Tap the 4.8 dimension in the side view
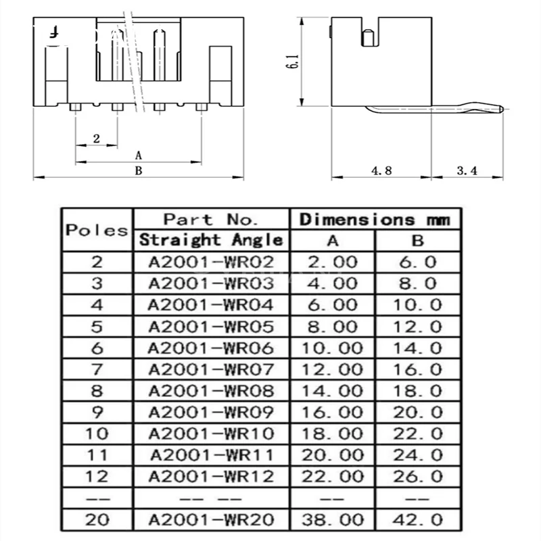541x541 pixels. coord(381,171)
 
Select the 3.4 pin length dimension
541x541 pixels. coord(467,171)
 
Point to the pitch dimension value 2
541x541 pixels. coord(96,139)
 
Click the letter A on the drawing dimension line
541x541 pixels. coord(139,155)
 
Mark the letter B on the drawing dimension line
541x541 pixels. coord(138,171)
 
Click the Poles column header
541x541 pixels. coord(97,229)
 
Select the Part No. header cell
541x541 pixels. coord(211,220)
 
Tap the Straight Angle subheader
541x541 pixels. coord(211,239)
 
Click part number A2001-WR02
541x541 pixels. coord(211,262)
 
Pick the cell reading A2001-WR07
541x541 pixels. coord(211,370)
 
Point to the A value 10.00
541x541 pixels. coord(332,348)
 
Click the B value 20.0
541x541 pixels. coord(419,413)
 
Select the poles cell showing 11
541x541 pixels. coord(97,455)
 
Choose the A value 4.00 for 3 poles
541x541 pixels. coord(332,283)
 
